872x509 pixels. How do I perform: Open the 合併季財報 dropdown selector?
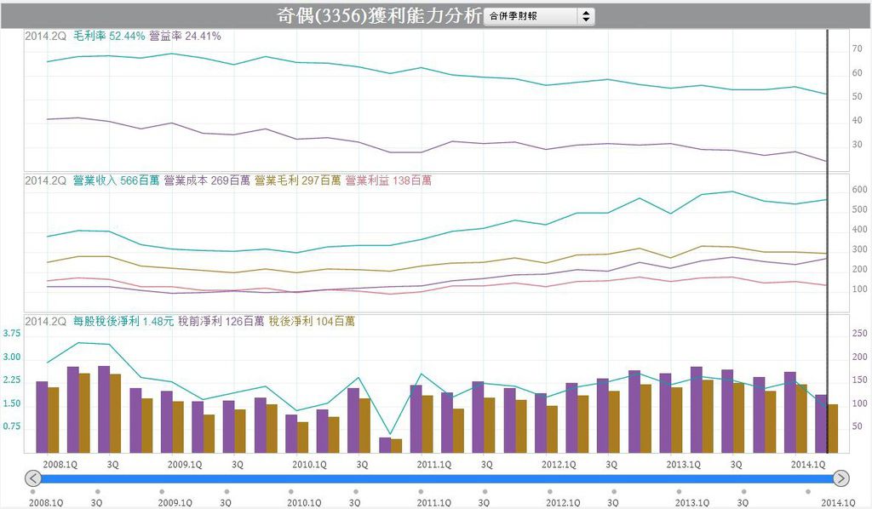point(539,16)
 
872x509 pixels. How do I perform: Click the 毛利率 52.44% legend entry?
point(109,36)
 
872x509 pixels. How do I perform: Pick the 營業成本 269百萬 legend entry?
point(207,180)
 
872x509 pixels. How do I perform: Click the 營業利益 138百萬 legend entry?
point(388,180)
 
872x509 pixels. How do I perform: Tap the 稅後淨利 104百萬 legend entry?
point(312,322)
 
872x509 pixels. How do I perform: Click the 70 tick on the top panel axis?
point(857,50)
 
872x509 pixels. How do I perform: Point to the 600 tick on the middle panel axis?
point(859,190)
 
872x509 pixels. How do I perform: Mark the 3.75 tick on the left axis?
point(13,334)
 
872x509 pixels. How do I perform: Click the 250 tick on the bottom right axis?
point(859,334)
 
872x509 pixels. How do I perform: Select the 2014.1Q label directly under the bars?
point(808,465)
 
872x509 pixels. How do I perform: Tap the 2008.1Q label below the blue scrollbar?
point(45,502)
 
